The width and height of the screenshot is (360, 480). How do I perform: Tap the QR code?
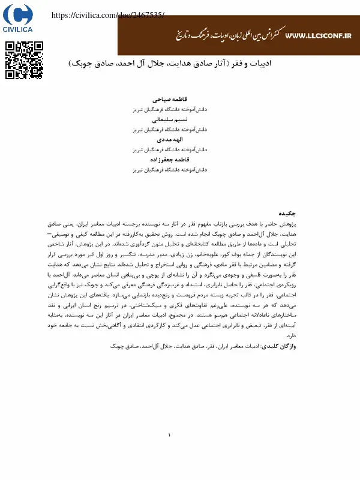click(24, 60)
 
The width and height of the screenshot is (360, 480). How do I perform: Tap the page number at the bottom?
click(170, 435)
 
